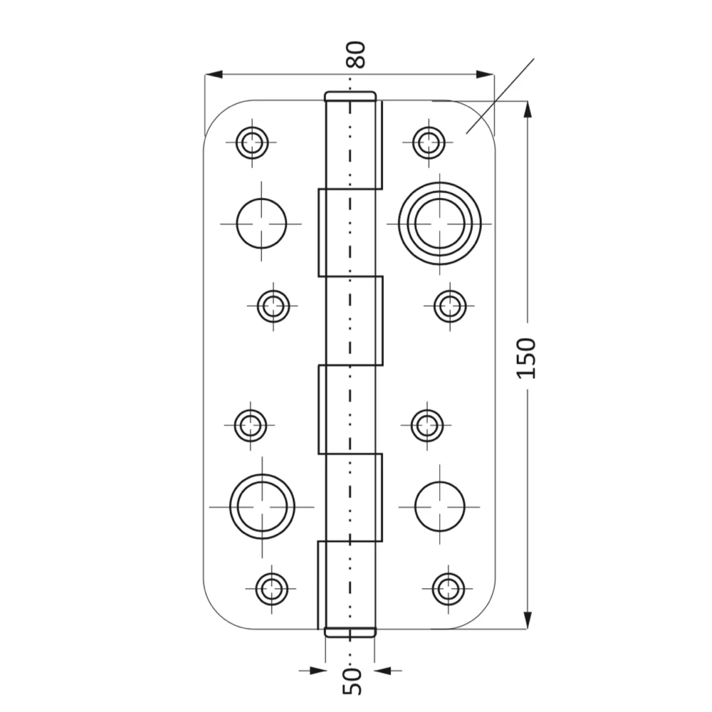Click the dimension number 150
point(527,358)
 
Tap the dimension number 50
point(352,681)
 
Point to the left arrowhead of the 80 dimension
point(214,75)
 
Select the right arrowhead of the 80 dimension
point(484,75)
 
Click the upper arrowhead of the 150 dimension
point(527,110)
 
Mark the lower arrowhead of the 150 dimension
point(527,620)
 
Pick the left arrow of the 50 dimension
point(312,670)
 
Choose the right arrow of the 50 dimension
point(389,670)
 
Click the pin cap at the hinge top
point(350,96)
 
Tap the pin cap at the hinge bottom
point(350,632)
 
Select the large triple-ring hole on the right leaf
point(439,224)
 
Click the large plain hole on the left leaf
point(261,224)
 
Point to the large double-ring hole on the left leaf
point(262,506)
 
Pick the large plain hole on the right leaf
point(439,506)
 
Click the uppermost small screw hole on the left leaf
point(252,143)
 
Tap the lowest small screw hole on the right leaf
point(448,589)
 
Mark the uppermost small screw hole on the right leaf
point(429,143)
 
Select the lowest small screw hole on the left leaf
point(271,589)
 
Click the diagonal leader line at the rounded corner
point(500,96)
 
